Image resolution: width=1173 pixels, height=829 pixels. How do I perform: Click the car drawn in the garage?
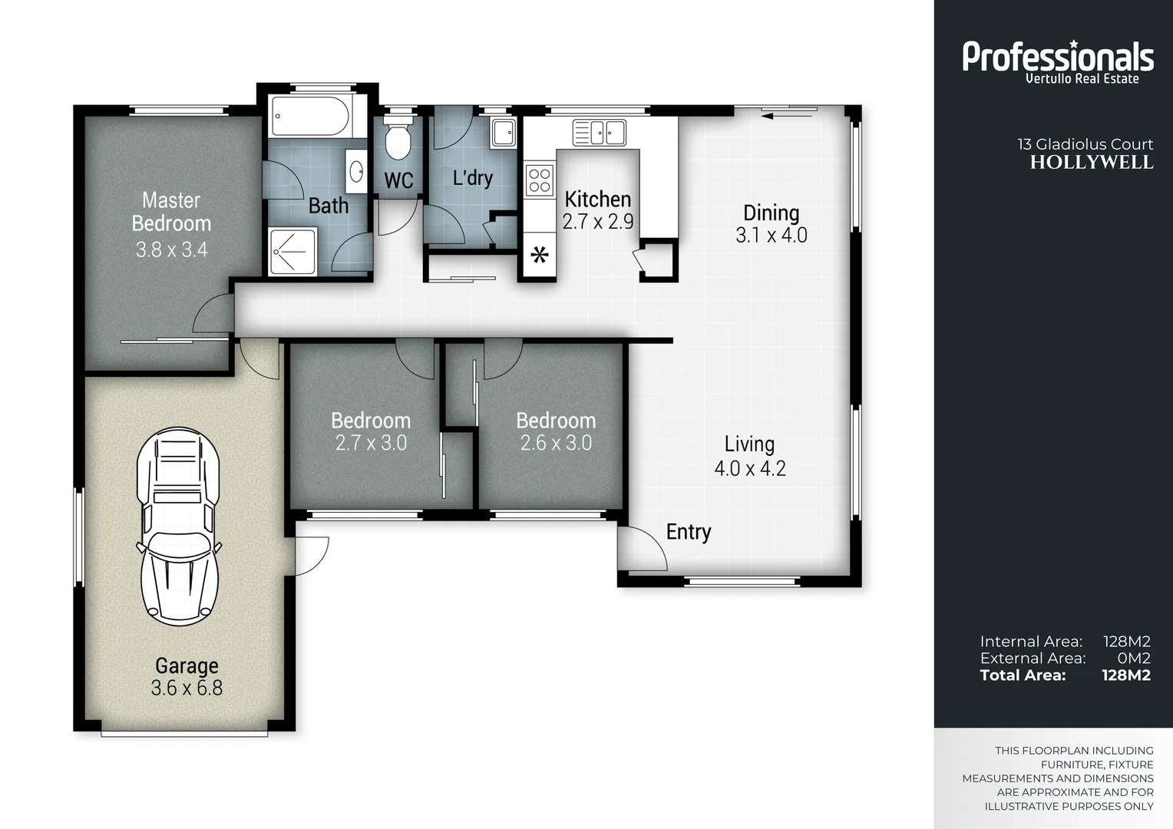[x=178, y=527]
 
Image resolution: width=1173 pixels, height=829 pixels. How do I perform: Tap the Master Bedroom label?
[x=171, y=212]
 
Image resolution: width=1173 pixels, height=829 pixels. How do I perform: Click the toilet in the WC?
[x=398, y=139]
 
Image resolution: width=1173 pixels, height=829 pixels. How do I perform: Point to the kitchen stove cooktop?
[x=540, y=180]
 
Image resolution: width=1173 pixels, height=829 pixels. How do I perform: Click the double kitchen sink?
[x=600, y=132]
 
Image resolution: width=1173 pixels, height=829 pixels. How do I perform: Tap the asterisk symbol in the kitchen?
[x=540, y=255]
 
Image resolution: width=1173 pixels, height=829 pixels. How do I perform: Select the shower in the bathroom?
[x=292, y=251]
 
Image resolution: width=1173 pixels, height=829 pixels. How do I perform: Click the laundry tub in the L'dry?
[x=504, y=132]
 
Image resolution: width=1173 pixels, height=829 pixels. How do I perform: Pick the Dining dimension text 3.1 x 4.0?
[x=771, y=236]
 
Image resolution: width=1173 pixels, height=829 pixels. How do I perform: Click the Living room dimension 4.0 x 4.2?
[x=750, y=468]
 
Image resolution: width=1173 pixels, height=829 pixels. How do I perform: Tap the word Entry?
[x=688, y=532]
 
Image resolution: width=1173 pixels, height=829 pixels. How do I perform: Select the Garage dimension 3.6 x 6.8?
[x=187, y=688]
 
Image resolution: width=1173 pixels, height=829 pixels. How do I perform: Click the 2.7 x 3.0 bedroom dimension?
[x=371, y=443]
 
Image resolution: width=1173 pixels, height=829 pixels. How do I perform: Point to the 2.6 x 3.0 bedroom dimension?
[x=556, y=443]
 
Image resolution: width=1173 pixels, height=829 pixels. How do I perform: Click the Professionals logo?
[x=1058, y=60]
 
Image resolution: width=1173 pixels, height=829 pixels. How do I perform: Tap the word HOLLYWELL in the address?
[x=1091, y=163]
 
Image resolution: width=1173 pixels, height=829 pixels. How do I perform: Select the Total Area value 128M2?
[x=1125, y=675]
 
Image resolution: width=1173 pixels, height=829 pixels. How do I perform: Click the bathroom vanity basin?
[x=357, y=171]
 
